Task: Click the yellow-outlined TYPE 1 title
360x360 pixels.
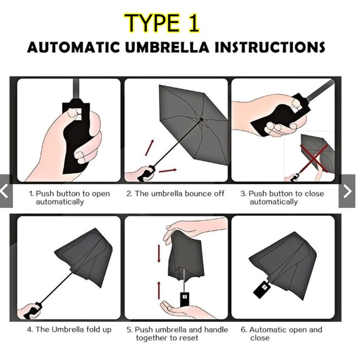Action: pyautogui.click(x=162, y=23)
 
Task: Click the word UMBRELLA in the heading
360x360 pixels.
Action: pyautogui.click(x=167, y=47)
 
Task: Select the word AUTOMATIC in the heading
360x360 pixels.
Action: pyautogui.click(x=74, y=47)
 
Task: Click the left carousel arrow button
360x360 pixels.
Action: pyautogui.click(x=6, y=191)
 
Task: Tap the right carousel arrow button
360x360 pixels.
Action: pyautogui.click(x=347, y=191)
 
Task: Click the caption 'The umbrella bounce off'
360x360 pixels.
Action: pyautogui.click(x=175, y=194)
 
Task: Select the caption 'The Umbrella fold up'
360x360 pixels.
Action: pyautogui.click(x=69, y=329)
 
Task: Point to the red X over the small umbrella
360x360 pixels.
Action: pyautogui.click(x=315, y=158)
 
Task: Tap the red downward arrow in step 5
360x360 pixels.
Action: pyautogui.click(x=159, y=254)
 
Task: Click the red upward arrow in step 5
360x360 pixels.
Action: pyautogui.click(x=159, y=291)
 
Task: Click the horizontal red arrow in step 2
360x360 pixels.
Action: pyautogui.click(x=168, y=171)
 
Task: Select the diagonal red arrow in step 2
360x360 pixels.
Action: pyautogui.click(x=149, y=147)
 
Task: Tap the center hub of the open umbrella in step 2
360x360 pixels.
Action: pyautogui.click(x=201, y=119)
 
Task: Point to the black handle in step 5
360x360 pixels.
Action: pyautogui.click(x=185, y=299)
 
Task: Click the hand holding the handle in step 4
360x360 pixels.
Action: pyautogui.click(x=29, y=311)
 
